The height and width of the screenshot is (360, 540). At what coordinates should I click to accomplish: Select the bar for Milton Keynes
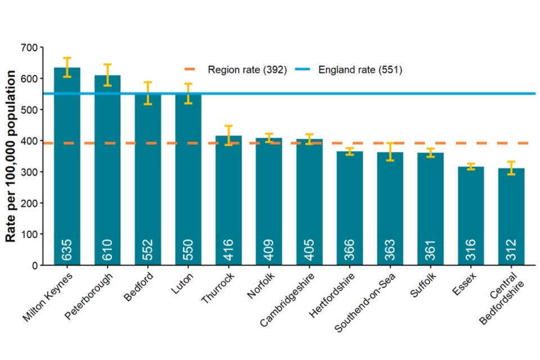67,169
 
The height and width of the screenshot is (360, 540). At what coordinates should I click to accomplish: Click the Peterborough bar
107,169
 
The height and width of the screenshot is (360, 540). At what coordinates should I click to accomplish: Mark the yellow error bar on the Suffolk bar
430,152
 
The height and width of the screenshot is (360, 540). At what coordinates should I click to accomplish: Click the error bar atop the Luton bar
188,93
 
